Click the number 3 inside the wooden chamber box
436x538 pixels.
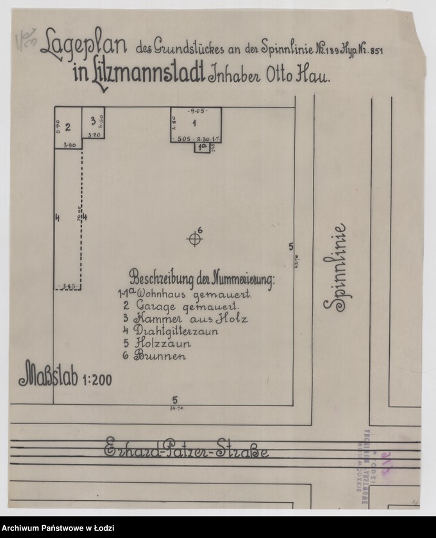click(93, 120)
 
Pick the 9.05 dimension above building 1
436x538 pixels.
click(194, 111)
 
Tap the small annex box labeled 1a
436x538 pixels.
click(202, 147)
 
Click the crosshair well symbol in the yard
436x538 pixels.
click(195, 239)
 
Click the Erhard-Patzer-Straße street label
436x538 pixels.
click(187, 450)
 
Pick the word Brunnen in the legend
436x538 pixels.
click(160, 356)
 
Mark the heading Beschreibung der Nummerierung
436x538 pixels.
click(201, 279)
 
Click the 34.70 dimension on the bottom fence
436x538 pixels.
click(174, 407)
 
